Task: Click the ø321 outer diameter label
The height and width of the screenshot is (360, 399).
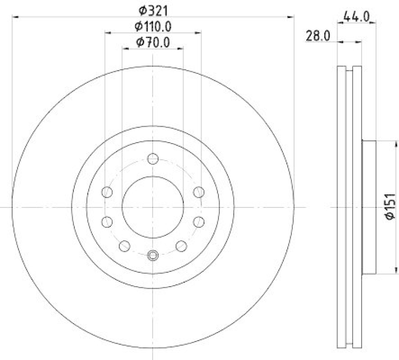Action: coord(153,9)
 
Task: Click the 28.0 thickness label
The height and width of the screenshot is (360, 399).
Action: coord(318,35)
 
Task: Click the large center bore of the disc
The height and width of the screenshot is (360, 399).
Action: coord(153,206)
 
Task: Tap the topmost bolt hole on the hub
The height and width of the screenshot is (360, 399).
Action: coord(153,160)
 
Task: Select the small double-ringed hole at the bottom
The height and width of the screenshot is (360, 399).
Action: coord(153,255)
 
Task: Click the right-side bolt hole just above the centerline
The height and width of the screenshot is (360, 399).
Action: coord(199,191)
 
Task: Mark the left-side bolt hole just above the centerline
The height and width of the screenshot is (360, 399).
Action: coord(107,191)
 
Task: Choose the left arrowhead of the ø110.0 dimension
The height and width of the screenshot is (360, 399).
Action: coord(107,33)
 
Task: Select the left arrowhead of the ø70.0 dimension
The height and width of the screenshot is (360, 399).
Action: coord(125,49)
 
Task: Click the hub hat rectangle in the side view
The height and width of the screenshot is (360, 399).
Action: coord(369,206)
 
